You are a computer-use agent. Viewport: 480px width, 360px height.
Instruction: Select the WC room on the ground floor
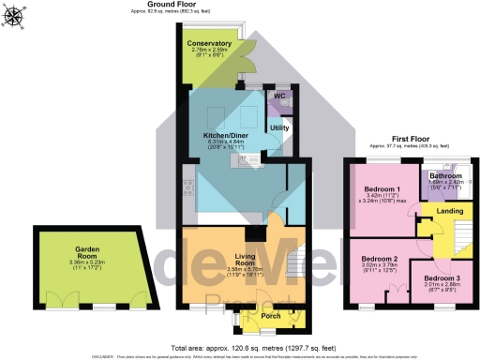pos(279,96)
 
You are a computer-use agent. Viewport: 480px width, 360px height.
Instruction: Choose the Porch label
pos(271,315)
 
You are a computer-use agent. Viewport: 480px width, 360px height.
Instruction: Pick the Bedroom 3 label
pos(440,277)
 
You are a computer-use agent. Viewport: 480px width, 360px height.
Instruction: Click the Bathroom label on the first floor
pos(445,175)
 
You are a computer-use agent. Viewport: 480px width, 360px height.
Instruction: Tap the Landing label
pos(450,211)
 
